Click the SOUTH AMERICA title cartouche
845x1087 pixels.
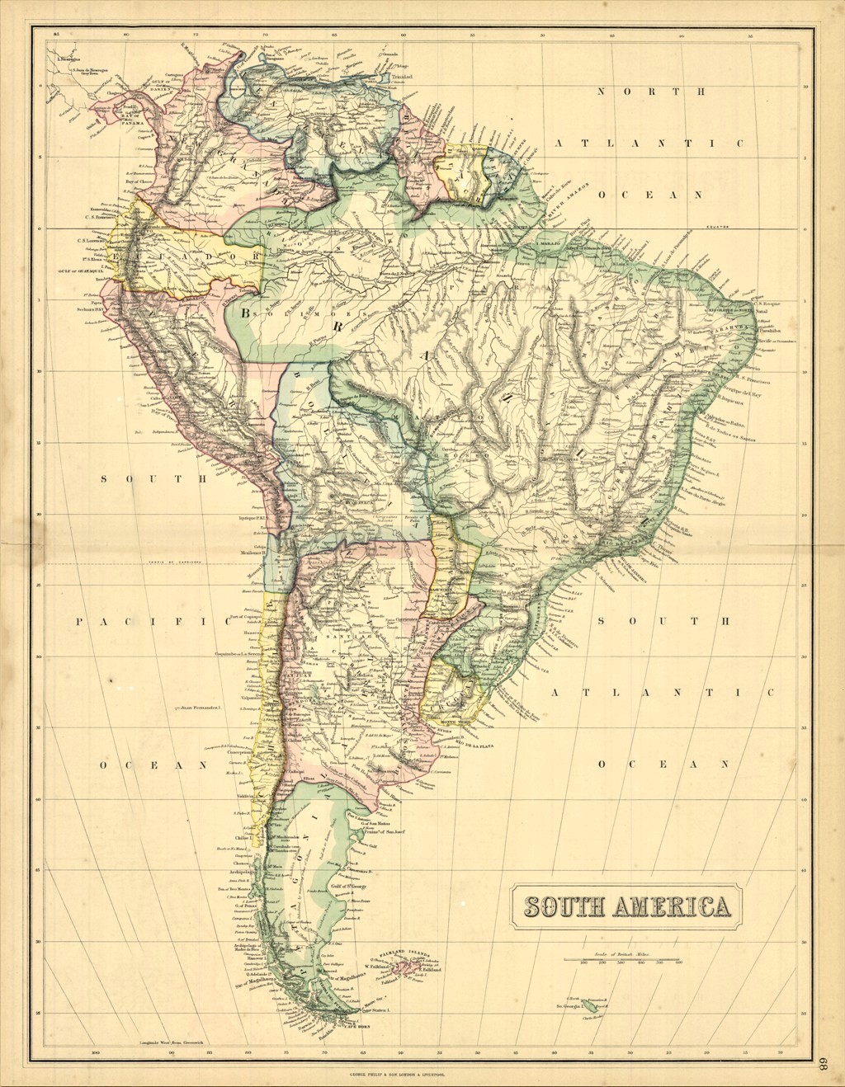click(624, 906)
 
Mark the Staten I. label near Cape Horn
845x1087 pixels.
click(382, 1009)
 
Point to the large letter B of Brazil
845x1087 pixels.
click(245, 313)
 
